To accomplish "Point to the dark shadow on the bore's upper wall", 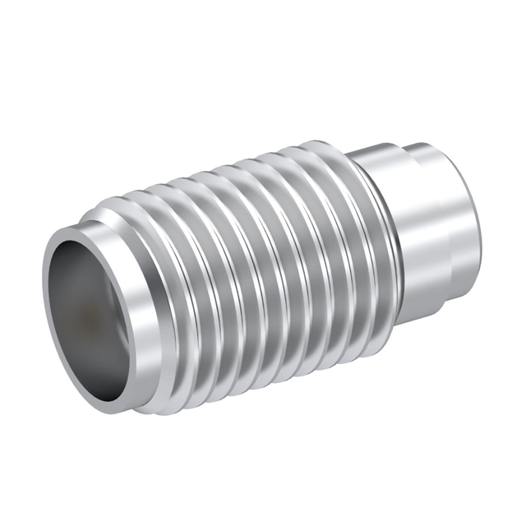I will pyautogui.click(x=82, y=263).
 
